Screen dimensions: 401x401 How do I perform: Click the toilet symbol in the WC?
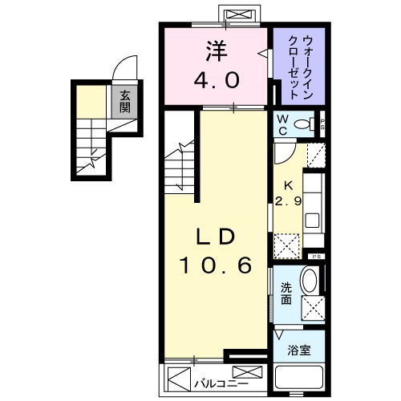coord(304,124)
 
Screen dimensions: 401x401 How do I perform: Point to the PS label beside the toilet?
coord(322,124)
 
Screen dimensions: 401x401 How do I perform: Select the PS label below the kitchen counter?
coord(316,256)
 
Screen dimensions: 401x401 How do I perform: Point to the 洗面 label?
coord(286,295)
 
